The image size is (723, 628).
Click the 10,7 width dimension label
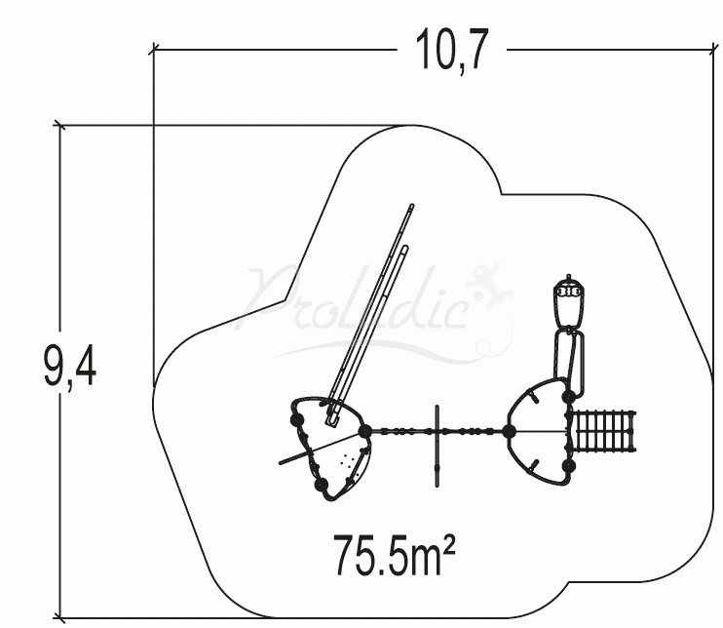point(452,52)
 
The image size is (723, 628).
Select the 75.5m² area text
point(395,554)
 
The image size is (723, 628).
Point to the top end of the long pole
point(412,207)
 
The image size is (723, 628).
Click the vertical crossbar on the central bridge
point(438,444)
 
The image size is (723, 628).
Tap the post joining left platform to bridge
point(364,431)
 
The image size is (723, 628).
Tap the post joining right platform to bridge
point(509,431)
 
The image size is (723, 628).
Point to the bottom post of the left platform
point(320,485)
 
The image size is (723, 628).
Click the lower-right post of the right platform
point(569,467)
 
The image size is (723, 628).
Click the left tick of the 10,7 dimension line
point(154,47)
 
